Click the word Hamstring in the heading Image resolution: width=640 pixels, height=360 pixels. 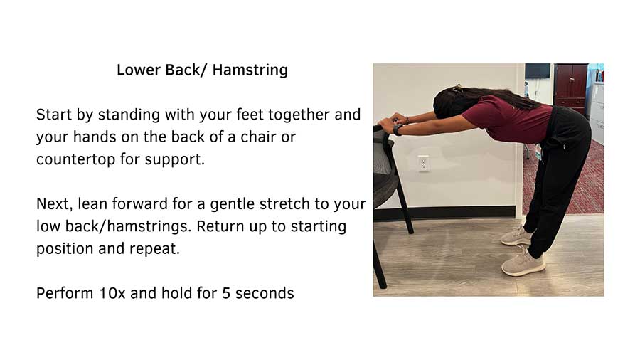pos(250,70)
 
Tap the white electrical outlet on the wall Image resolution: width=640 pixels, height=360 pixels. pos(423,163)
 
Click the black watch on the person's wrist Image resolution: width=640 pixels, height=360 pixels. pos(397,130)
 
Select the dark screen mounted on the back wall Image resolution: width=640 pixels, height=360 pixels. pos(538,70)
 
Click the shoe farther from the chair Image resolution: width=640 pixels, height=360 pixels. pos(523,264)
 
